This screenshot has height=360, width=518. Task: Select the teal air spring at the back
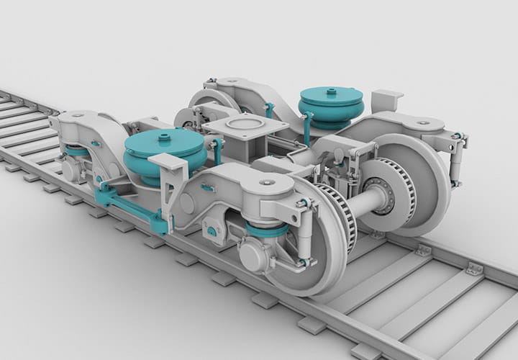point(330,105)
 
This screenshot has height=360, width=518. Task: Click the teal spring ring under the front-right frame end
point(265,230)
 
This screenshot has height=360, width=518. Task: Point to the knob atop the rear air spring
point(331,91)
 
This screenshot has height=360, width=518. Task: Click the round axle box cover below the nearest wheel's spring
point(252,256)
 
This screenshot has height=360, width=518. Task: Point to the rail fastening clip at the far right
point(473,269)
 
